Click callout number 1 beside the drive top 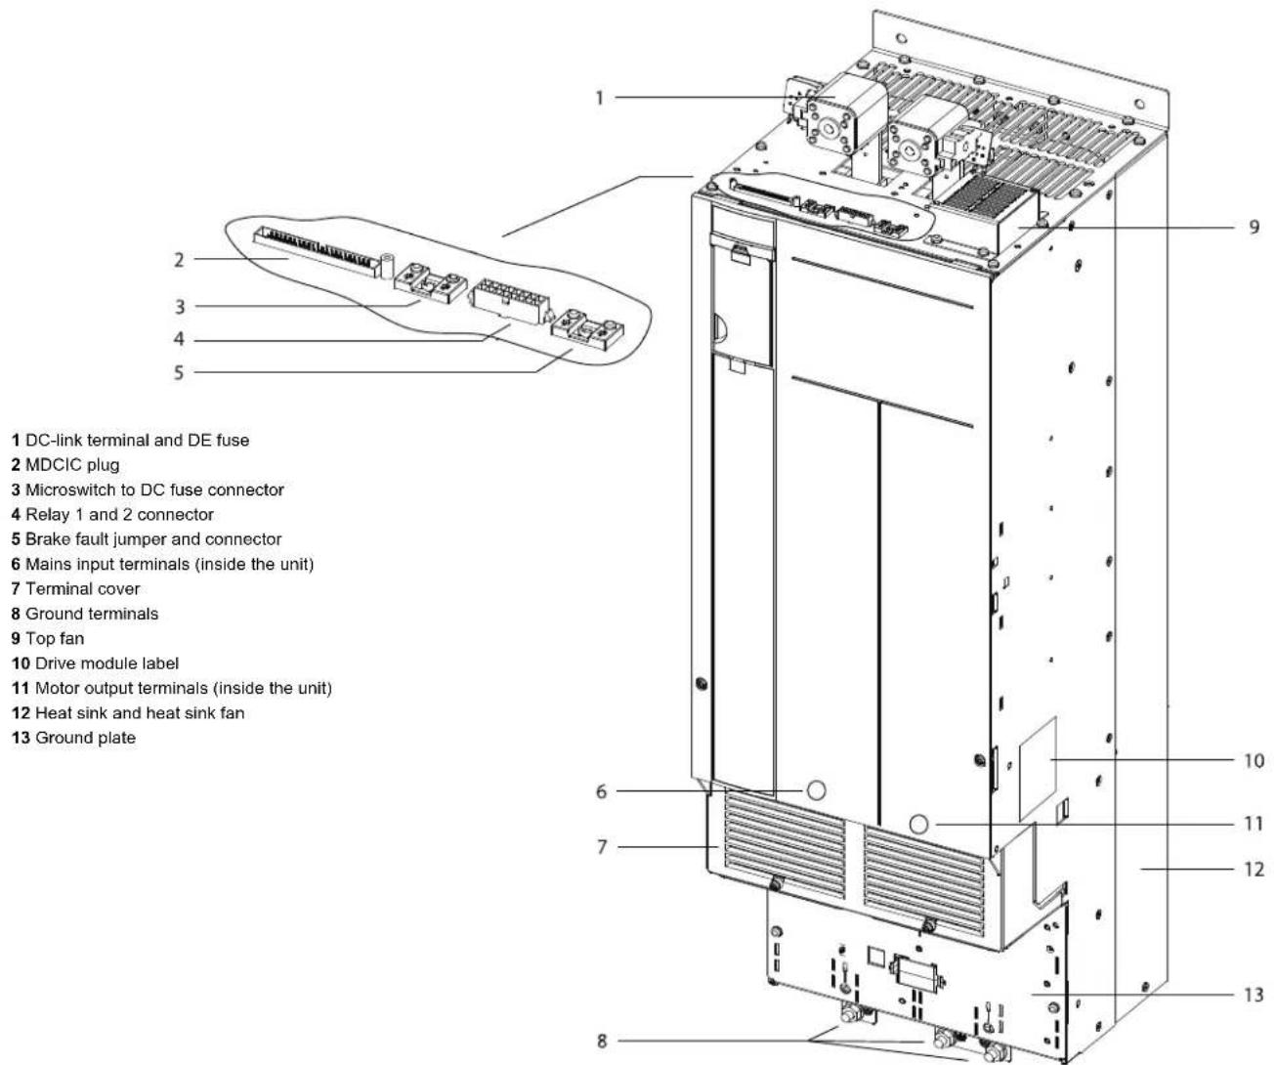600,98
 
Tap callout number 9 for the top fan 1255,227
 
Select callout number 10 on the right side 1254,760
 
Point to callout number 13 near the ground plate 1254,995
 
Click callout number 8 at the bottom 603,1041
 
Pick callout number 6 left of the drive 602,791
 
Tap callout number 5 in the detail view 179,372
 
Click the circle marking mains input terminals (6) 817,790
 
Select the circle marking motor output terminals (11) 918,825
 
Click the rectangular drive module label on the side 1038,769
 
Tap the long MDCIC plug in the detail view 318,251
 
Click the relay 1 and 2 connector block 509,300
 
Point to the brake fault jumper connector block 588,329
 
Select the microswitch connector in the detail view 431,282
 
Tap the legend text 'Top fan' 55,639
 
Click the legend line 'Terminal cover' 75,589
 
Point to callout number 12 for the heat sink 1254,870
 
